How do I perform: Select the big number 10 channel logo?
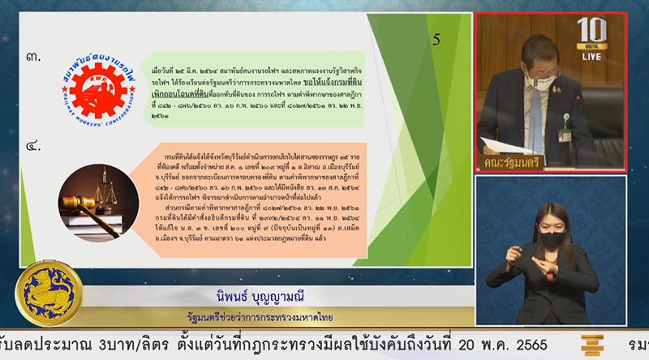(591, 30)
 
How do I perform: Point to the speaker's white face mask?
(538, 79)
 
